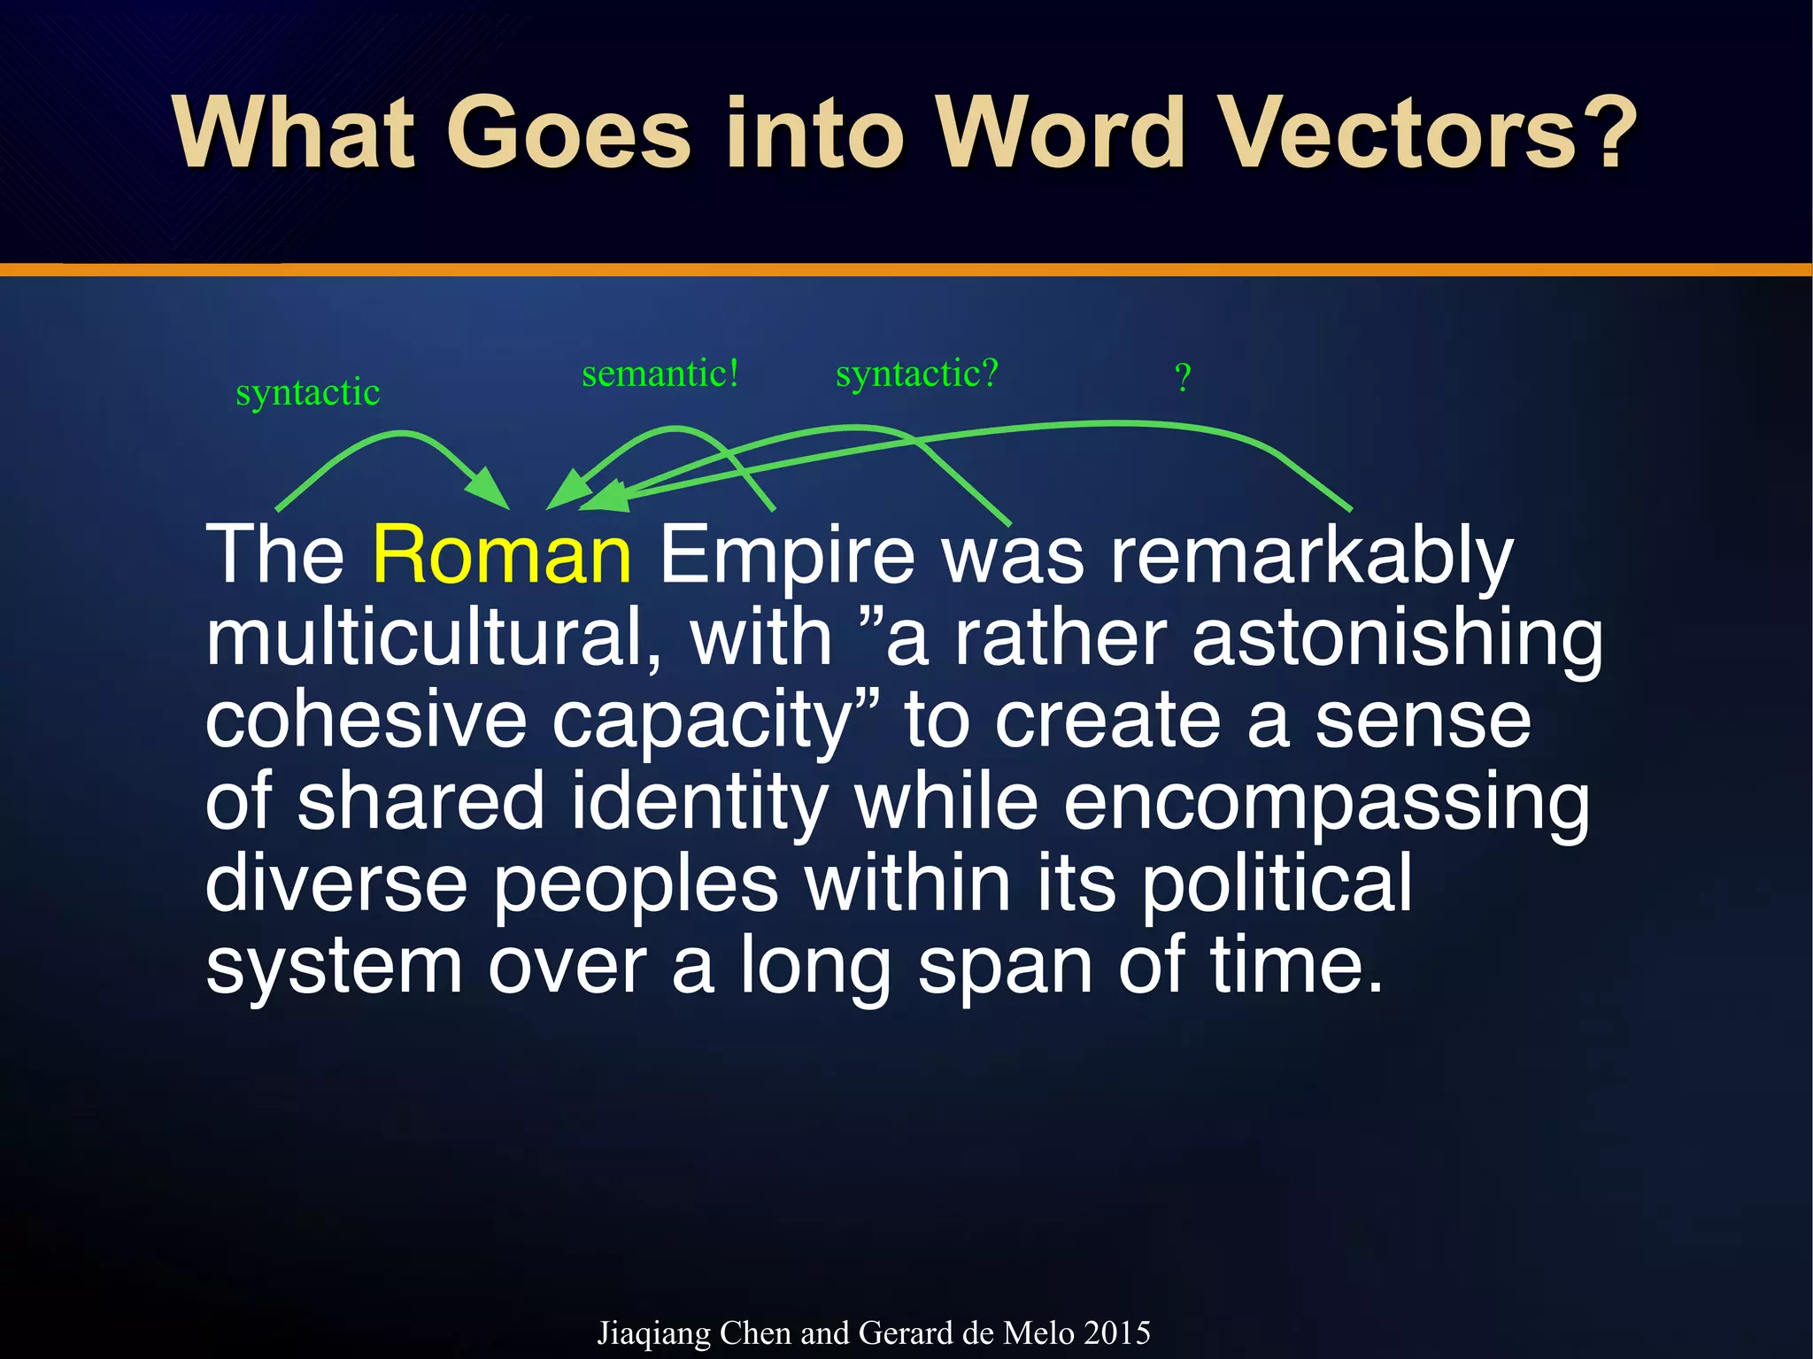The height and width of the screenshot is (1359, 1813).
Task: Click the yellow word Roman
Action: click(502, 555)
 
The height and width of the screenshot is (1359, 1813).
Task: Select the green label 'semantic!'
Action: click(660, 374)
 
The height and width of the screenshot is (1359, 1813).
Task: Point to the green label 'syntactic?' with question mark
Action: click(917, 374)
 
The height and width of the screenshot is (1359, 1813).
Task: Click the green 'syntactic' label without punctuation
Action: click(308, 392)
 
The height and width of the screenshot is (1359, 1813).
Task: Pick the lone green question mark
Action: click(1183, 378)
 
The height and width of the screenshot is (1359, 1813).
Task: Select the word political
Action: click(1276, 884)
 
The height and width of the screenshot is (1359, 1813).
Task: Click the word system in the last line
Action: click(334, 967)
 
